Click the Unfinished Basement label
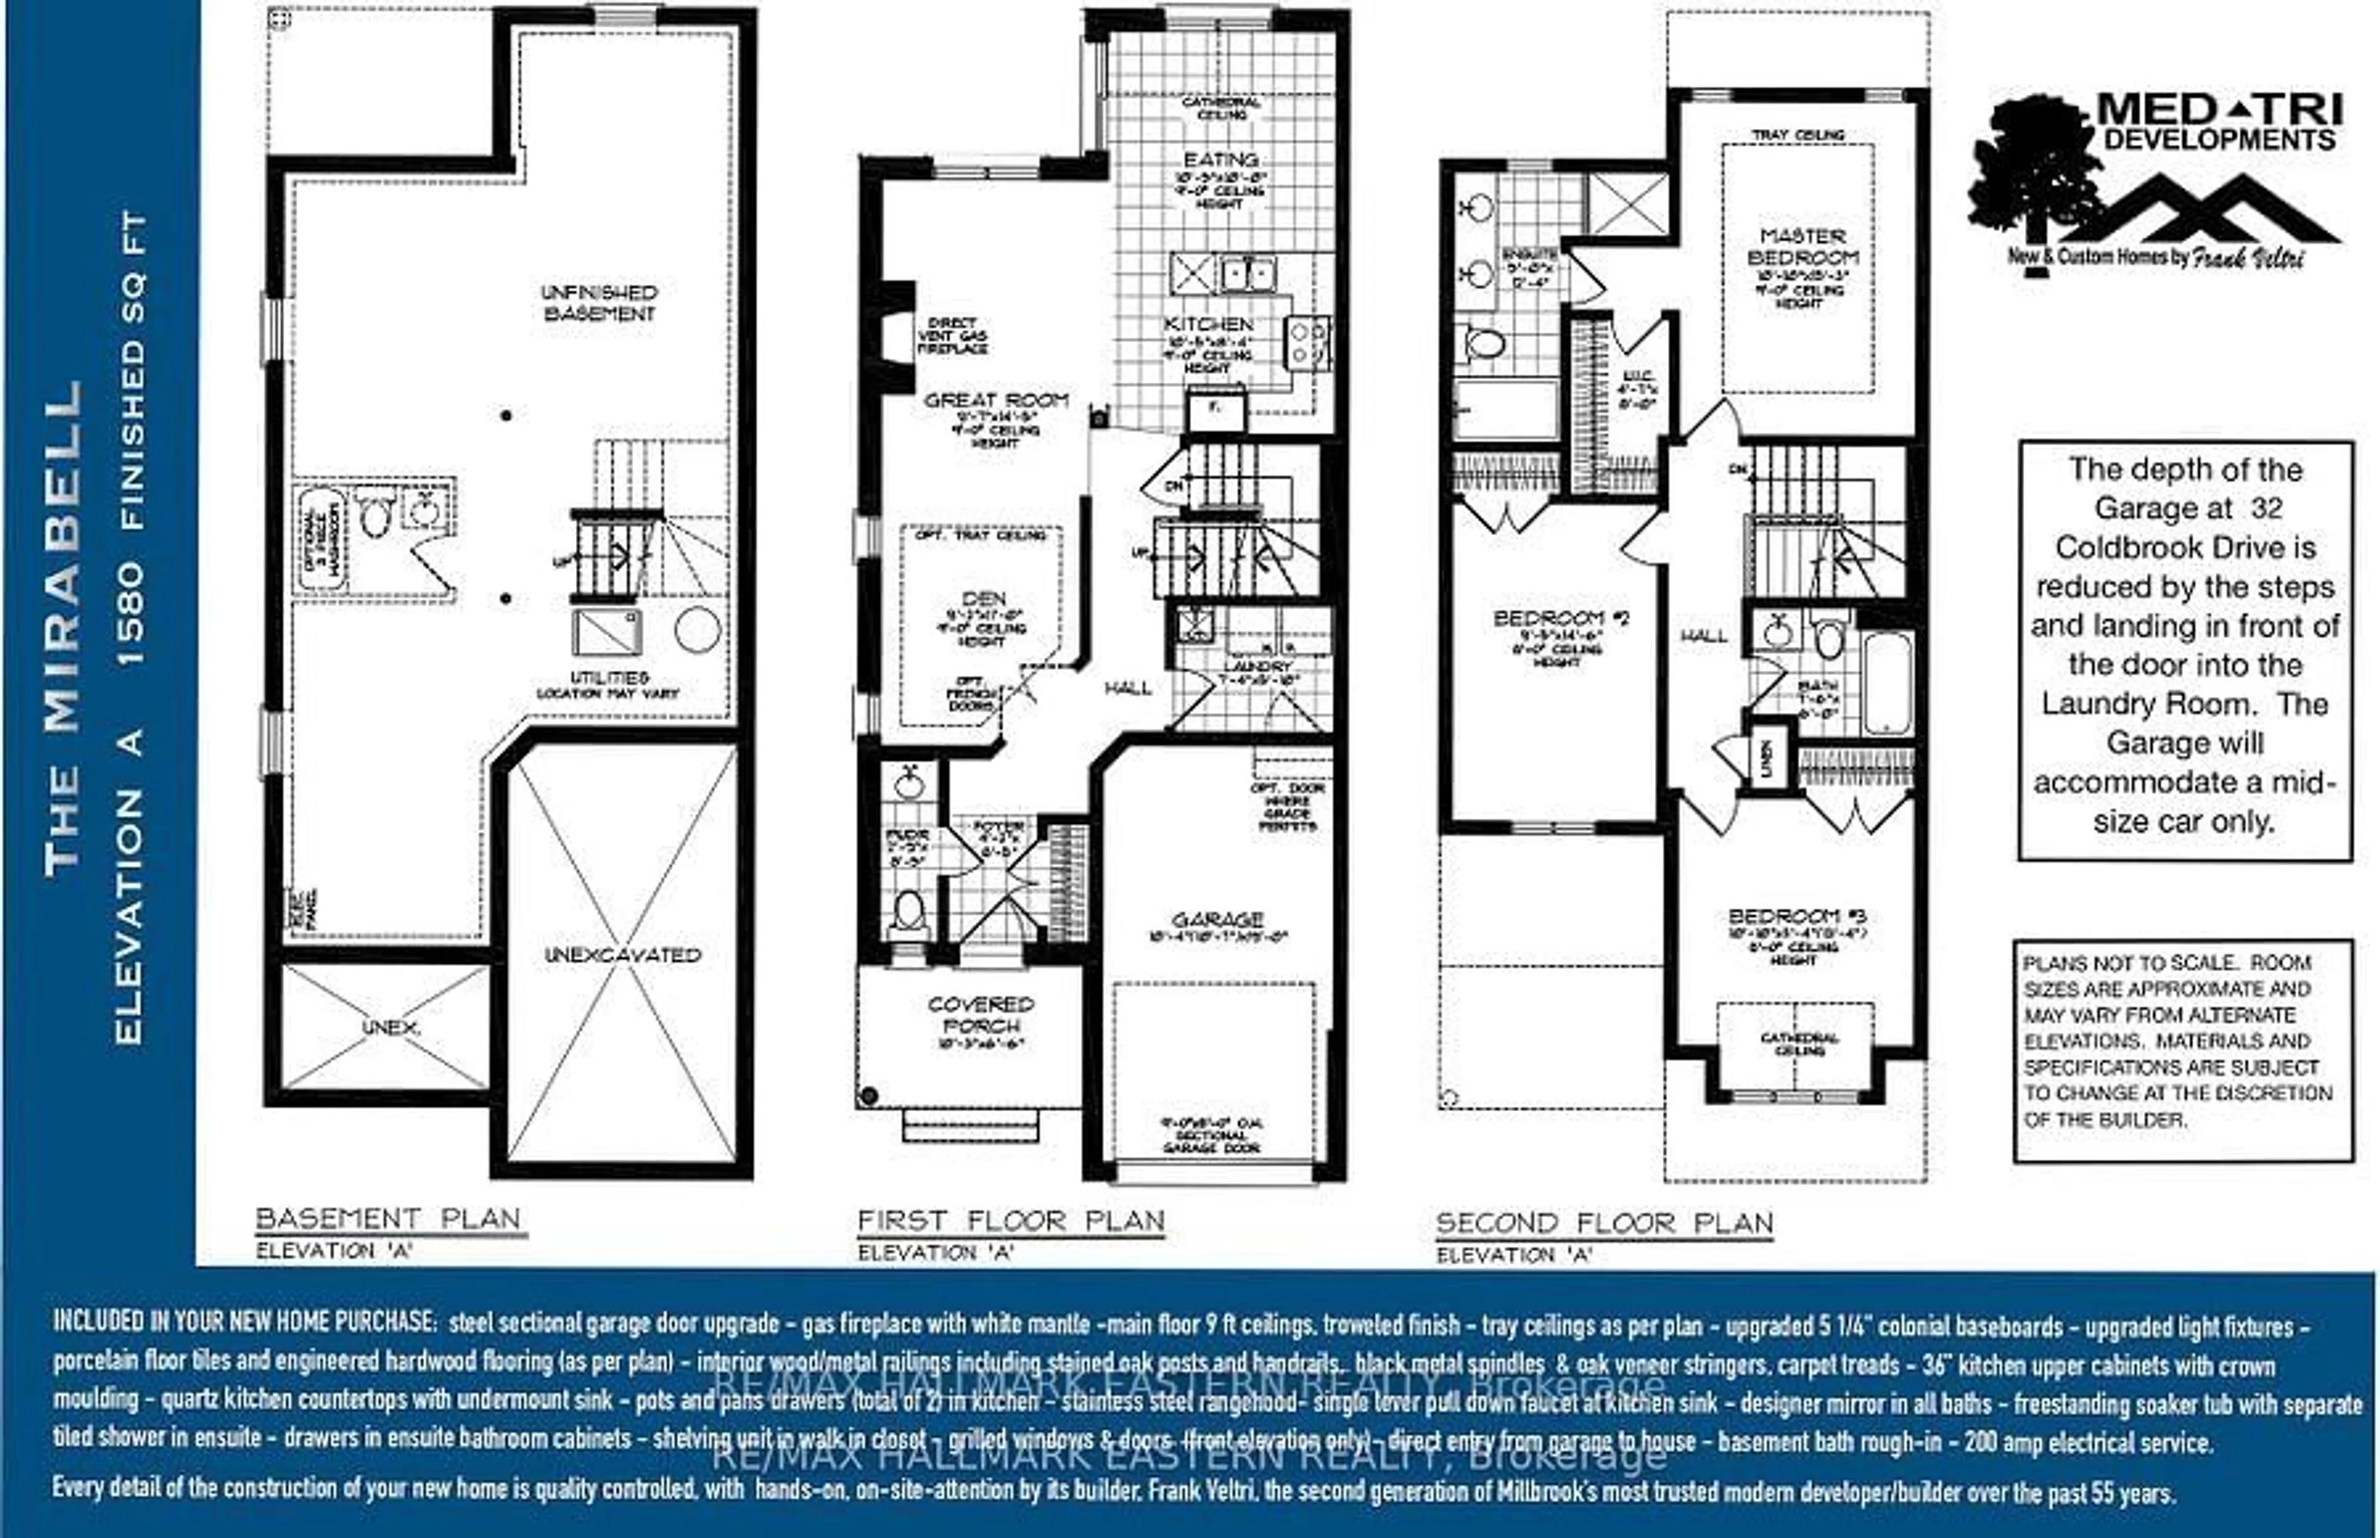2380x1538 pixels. click(x=599, y=303)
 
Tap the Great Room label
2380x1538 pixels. click(x=995, y=401)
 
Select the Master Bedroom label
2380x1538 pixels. click(x=1802, y=247)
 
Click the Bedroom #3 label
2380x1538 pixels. click(x=1797, y=917)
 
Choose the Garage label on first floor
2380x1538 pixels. click(x=1217, y=919)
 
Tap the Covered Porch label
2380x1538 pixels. click(x=980, y=1015)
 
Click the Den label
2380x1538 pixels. click(x=983, y=599)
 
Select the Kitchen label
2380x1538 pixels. click(x=1208, y=325)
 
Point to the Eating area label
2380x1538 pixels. click(x=1220, y=160)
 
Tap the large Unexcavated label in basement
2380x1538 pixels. click(x=622, y=955)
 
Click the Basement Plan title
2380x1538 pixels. click(x=389, y=1220)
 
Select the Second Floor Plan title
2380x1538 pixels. click(x=1603, y=1223)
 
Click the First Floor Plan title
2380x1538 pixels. click(x=1010, y=1221)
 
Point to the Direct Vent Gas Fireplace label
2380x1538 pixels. click(x=951, y=336)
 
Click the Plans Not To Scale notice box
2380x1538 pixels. click(x=2182, y=1050)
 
